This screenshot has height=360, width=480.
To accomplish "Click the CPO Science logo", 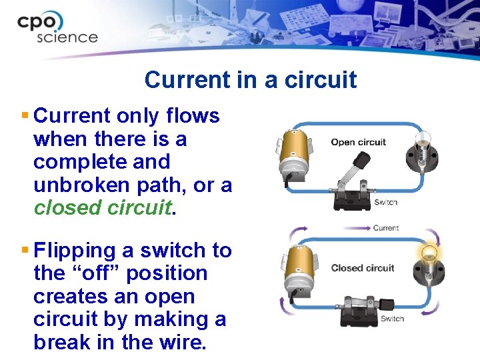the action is coord(59,27).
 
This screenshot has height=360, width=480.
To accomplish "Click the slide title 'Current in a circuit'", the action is coord(250,80).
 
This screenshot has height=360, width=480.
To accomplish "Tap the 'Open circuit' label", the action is coord(358,142).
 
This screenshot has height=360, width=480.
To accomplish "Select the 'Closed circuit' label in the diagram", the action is coord(363,268).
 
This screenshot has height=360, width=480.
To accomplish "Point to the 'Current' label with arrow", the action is coord(385,228).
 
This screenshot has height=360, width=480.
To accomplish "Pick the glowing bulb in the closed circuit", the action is coord(428,264).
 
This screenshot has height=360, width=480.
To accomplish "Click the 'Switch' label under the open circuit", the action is coord(385,203).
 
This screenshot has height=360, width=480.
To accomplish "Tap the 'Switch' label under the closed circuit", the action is coord(392,319).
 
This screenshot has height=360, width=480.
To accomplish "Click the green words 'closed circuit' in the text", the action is coord(103,208).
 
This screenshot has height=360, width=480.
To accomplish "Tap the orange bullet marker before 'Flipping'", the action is coord(25,250).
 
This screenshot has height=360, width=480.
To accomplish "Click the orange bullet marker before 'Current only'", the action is coord(25,115).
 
